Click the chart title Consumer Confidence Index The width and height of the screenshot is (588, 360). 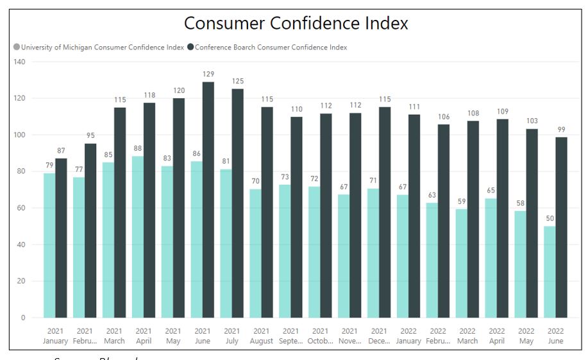pyautogui.click(x=296, y=24)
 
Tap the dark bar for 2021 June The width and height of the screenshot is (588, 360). pyautogui.click(x=208, y=200)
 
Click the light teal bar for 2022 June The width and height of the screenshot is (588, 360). pyautogui.click(x=550, y=271)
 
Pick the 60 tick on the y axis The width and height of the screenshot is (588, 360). pyautogui.click(x=21, y=208)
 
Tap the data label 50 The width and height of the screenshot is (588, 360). pyautogui.click(x=550, y=219)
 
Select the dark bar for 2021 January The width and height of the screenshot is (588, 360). pyautogui.click(x=61, y=238)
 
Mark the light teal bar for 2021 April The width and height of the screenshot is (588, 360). pyautogui.click(x=138, y=237)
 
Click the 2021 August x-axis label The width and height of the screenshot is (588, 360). pyautogui.click(x=261, y=336)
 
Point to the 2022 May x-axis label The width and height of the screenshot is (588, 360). pyautogui.click(x=526, y=336)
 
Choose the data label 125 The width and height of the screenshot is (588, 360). pyautogui.click(x=238, y=81)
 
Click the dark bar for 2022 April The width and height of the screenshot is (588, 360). pyautogui.click(x=503, y=218)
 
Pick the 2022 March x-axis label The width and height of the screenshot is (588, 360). pyautogui.click(x=467, y=336)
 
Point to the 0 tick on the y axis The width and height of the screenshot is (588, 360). pyautogui.click(x=22, y=318)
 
